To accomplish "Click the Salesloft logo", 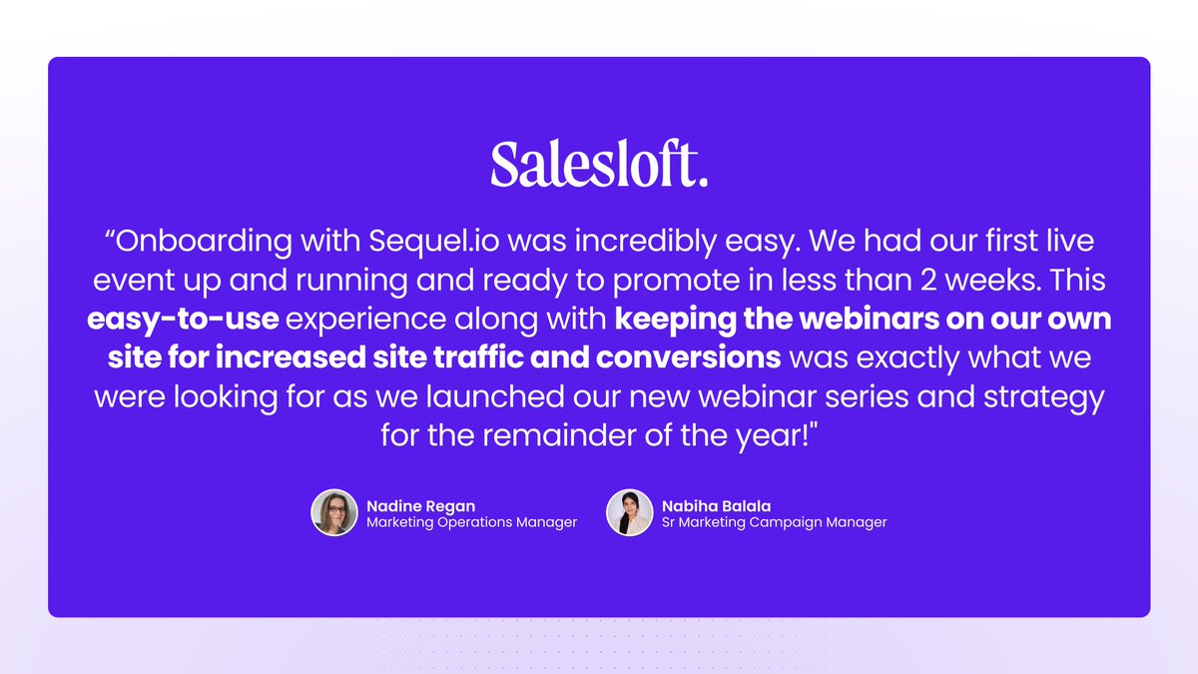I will (598, 165).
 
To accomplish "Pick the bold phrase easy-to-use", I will (182, 321).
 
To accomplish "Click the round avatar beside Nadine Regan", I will (334, 512).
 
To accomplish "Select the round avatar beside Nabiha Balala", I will (630, 512).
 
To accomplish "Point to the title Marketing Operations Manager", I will (471, 522).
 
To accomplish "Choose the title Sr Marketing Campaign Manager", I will (774, 522).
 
